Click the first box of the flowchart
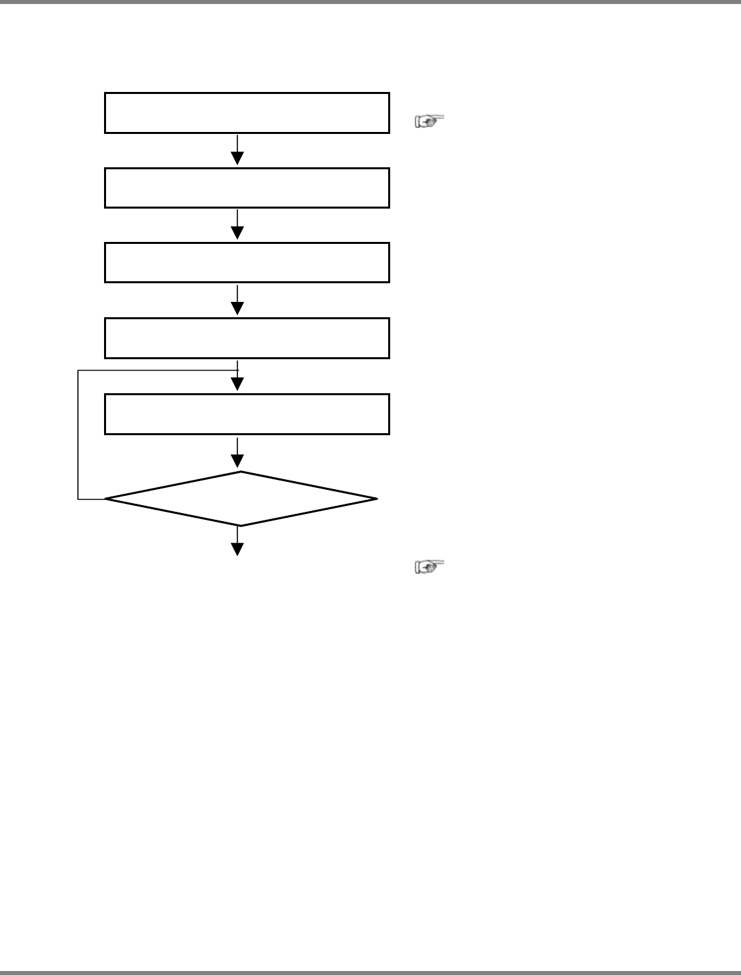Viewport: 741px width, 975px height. pyautogui.click(x=247, y=113)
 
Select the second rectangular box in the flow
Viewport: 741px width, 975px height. pyautogui.click(x=247, y=188)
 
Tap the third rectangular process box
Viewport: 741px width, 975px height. pyautogui.click(x=247, y=263)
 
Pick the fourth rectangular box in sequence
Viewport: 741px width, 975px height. pyautogui.click(x=247, y=338)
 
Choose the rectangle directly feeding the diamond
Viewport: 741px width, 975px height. pyautogui.click(x=247, y=414)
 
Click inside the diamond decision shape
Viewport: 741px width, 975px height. pyautogui.click(x=241, y=498)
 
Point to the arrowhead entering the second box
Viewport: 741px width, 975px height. pyautogui.click(x=237, y=159)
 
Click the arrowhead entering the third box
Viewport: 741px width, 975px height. pyautogui.click(x=237, y=233)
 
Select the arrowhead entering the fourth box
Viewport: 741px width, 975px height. pyautogui.click(x=237, y=308)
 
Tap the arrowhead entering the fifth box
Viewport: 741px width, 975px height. pyautogui.click(x=237, y=385)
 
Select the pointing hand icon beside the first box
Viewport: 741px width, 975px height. pyautogui.click(x=430, y=121)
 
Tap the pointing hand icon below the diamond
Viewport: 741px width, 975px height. pyautogui.click(x=430, y=567)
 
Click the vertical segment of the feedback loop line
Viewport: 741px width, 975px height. pyautogui.click(x=78, y=433)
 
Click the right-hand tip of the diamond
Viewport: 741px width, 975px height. pyautogui.click(x=377, y=498)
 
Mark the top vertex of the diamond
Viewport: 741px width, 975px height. pyautogui.click(x=241, y=472)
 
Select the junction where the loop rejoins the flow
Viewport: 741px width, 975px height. pyautogui.click(x=237, y=370)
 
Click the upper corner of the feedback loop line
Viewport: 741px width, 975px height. pyautogui.click(x=78, y=370)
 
